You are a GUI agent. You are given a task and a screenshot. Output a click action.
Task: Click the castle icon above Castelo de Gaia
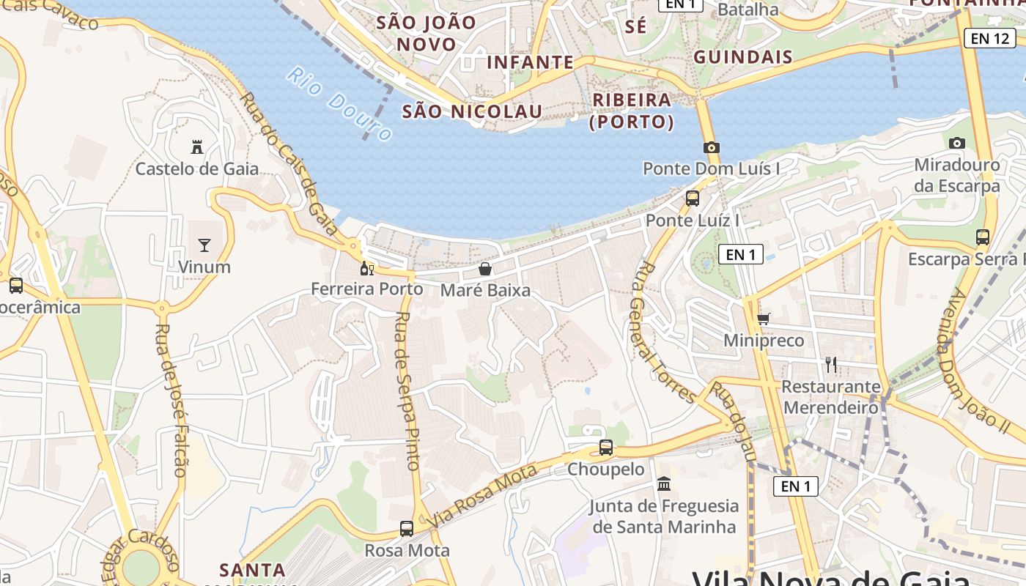pos(196,147)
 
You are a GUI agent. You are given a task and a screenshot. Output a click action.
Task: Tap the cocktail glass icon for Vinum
pos(204,245)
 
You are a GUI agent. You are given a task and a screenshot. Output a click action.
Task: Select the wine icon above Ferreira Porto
pos(367,267)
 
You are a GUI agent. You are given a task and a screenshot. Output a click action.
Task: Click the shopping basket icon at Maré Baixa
pos(484,269)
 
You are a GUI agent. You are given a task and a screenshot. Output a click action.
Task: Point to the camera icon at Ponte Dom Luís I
pos(711,147)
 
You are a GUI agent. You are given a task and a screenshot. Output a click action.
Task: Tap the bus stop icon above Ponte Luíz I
pos(692,198)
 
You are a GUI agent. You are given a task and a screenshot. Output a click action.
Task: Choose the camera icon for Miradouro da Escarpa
pos(956,143)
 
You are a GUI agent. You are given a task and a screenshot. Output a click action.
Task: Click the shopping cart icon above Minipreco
pos(763,319)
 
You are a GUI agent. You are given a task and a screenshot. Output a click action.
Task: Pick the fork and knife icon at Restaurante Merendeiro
pos(830,364)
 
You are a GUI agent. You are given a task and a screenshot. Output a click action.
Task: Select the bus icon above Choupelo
pos(605,447)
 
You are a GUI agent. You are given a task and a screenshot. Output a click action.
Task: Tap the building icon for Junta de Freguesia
pos(664,483)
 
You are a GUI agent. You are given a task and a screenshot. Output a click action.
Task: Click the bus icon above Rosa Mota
pos(406,528)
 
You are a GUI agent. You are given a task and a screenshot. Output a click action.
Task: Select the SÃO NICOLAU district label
pos(473,111)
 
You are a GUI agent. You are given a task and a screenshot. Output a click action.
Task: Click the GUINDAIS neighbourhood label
pos(742,57)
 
